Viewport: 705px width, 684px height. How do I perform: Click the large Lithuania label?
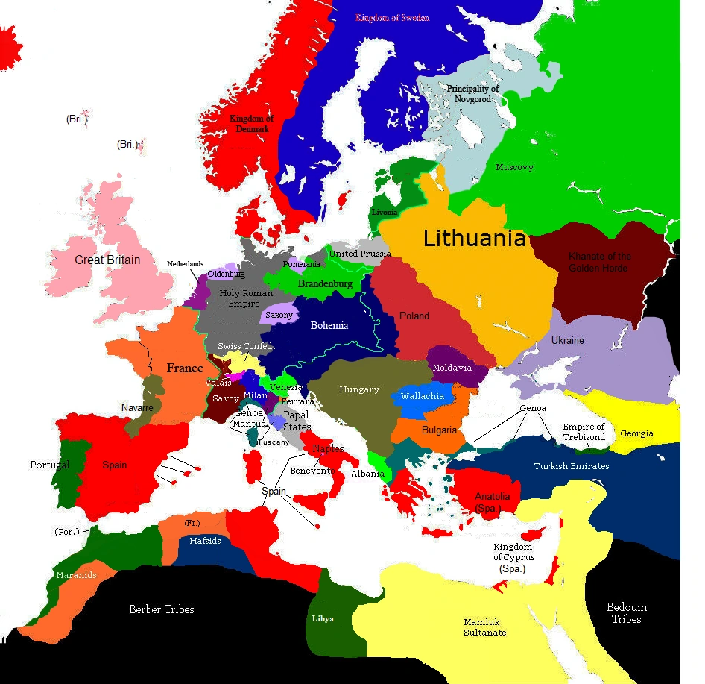(x=475, y=239)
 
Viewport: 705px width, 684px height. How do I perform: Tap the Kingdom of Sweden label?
(x=392, y=17)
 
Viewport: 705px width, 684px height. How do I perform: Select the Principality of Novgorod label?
(x=472, y=94)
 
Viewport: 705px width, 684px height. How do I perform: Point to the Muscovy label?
(x=514, y=168)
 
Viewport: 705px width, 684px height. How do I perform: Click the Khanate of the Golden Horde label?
(x=600, y=262)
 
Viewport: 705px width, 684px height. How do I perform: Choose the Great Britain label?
(x=107, y=260)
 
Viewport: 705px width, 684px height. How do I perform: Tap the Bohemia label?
(x=329, y=325)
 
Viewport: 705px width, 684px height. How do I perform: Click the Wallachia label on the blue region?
(x=423, y=396)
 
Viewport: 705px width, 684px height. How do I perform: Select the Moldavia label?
(x=452, y=368)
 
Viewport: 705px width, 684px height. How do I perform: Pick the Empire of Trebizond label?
(x=584, y=432)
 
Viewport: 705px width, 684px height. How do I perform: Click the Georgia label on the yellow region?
(x=636, y=433)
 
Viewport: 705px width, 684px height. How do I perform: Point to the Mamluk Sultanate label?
(x=485, y=627)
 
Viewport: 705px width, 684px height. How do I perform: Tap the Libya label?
(x=322, y=619)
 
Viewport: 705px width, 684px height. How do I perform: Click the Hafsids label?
(x=205, y=541)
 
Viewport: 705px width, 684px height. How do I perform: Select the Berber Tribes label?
(x=161, y=609)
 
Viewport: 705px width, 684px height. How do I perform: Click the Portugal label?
(x=50, y=465)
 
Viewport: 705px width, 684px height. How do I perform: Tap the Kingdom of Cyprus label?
(x=513, y=557)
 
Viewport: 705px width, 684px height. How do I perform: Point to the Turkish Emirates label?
(x=571, y=466)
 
